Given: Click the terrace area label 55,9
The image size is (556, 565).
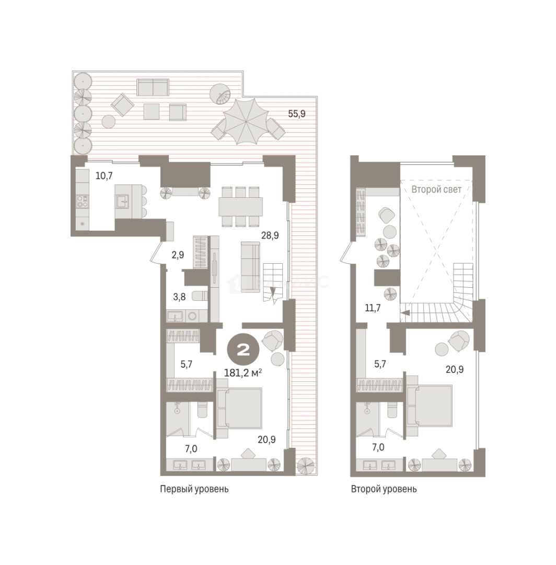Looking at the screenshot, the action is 296,114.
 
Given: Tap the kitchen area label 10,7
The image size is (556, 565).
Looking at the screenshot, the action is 104,176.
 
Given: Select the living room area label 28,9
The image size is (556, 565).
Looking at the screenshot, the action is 270,235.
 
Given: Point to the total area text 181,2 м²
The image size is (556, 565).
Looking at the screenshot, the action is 243,372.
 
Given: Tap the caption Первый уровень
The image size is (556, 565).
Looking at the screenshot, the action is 194,489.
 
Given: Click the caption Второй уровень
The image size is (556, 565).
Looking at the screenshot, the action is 384,489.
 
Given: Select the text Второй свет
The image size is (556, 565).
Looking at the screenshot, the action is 436,189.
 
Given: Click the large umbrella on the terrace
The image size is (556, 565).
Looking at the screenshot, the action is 246,121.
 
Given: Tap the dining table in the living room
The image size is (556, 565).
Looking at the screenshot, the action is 240,207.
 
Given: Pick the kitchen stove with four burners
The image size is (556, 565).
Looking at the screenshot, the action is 83,200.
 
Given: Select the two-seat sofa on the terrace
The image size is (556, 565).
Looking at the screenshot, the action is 153,87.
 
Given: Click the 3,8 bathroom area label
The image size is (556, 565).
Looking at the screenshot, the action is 179,297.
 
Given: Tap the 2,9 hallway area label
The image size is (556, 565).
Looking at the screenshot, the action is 178,255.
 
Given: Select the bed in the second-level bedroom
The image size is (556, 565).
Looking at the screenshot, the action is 430,406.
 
